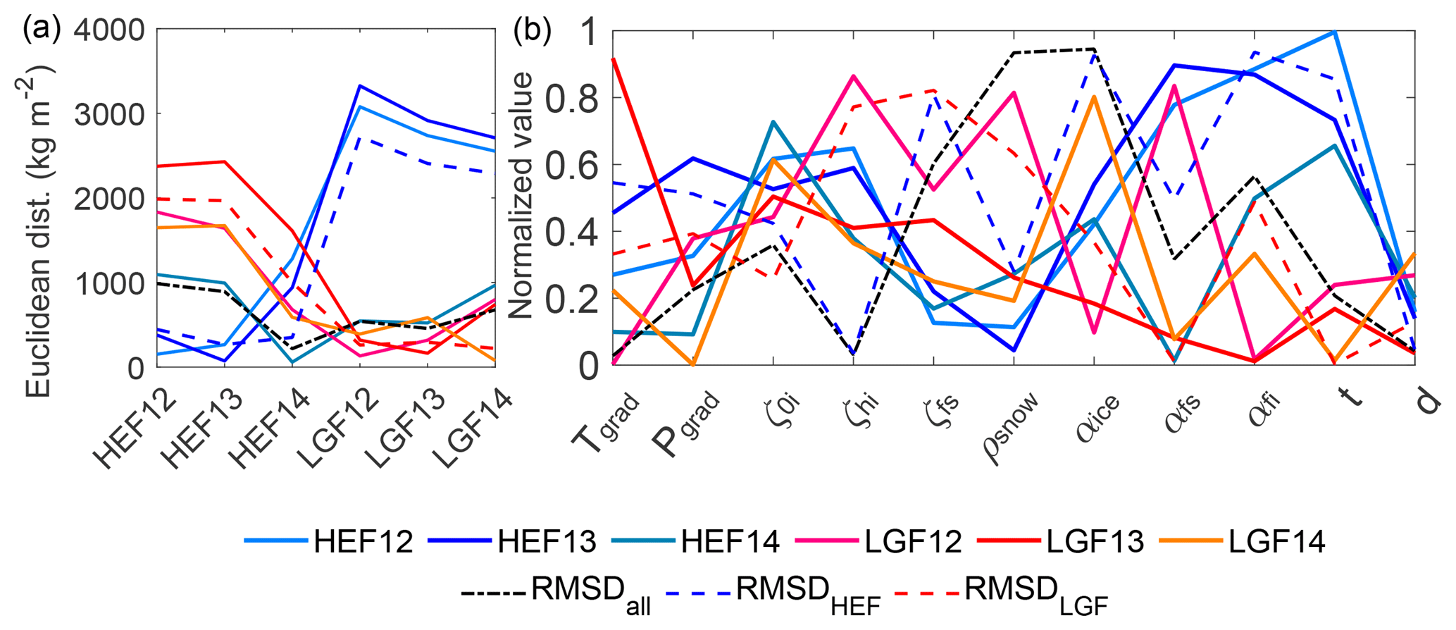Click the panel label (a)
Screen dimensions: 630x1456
pos(42,30)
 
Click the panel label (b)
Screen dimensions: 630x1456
pos(533,30)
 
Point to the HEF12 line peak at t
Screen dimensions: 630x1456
pos(1335,32)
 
